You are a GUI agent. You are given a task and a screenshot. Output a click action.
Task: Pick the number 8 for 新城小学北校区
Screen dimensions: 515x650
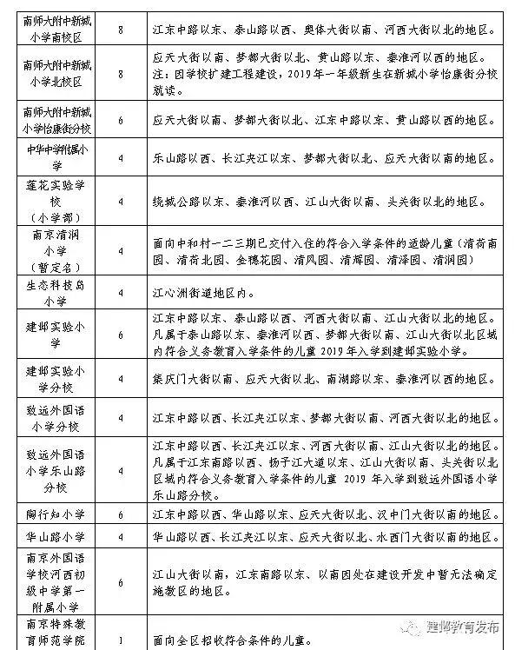(x=120, y=74)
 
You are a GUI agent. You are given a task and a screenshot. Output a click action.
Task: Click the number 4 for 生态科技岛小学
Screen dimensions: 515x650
(x=120, y=291)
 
